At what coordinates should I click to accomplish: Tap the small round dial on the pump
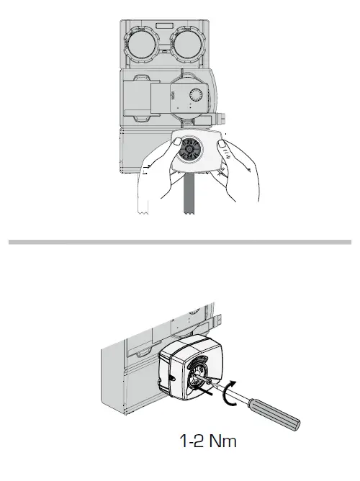pos(196,96)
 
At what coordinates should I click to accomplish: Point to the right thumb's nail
pos(223,149)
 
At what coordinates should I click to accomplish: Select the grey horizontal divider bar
pos(180,242)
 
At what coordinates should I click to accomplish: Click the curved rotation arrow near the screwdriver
pos(230,393)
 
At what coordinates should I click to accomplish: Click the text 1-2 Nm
pos(207,439)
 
